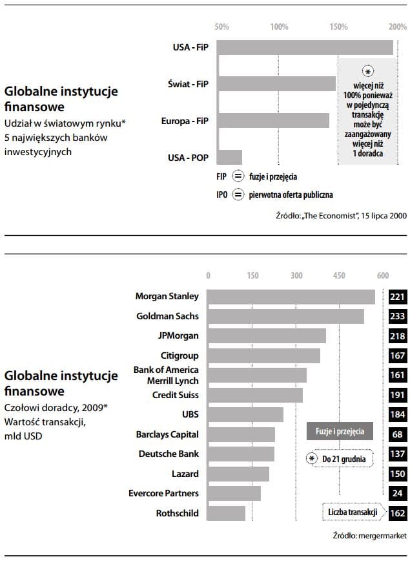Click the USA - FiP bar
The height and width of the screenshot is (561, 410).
pos(304,47)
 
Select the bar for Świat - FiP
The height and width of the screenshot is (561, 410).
pos(276,84)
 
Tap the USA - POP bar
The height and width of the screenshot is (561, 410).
pos(229,157)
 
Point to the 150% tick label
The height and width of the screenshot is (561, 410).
pos(338,27)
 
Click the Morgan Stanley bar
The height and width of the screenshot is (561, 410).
pos(291,297)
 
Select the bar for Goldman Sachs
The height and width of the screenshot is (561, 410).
pos(285,317)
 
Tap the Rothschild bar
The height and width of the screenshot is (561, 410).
pos(226,513)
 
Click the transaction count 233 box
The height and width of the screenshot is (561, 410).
pos(398,317)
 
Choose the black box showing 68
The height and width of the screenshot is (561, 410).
pos(398,434)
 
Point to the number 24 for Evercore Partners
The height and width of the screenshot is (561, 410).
pos(398,494)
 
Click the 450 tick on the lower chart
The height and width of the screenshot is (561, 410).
pos(340,275)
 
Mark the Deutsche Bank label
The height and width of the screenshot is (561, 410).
pos(169,454)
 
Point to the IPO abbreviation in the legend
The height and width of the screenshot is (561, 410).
pos(223,194)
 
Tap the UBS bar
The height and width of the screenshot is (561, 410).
pos(245,414)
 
